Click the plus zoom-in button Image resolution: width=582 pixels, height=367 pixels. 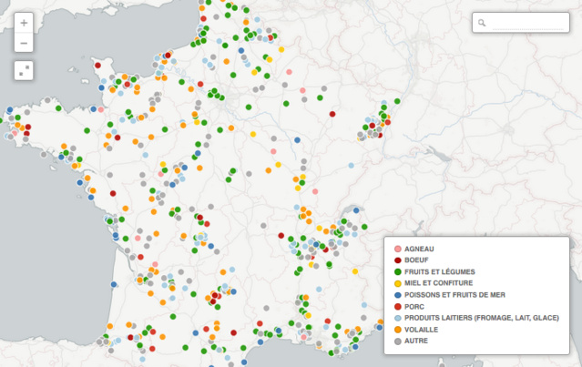click(x=24, y=23)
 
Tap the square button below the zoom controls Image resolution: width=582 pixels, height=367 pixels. click(x=24, y=70)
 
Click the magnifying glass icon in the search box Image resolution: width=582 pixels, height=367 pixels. click(x=483, y=23)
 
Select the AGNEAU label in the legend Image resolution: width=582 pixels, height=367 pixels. click(x=419, y=249)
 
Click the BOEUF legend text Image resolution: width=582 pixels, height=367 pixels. click(x=416, y=260)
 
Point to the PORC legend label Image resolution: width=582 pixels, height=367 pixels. click(x=414, y=306)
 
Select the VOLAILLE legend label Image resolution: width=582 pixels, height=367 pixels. click(x=422, y=329)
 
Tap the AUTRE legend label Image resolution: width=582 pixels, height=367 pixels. click(x=415, y=341)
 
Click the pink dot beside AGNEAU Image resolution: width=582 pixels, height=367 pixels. click(x=397, y=249)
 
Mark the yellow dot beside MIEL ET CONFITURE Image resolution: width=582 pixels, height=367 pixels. click(x=397, y=283)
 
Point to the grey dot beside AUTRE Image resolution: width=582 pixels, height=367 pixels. click(x=397, y=341)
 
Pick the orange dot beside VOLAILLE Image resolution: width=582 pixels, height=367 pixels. click(x=397, y=329)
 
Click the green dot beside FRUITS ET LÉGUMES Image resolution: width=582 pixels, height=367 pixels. click(x=397, y=271)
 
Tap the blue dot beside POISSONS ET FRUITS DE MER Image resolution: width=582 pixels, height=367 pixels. click(x=397, y=295)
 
